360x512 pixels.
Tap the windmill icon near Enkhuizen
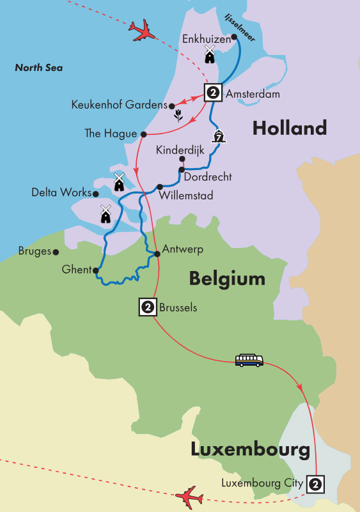(209, 54)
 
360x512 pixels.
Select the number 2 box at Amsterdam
(213, 93)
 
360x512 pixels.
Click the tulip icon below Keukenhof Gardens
(179, 116)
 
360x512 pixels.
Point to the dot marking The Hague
(144, 134)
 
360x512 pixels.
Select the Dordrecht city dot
(182, 170)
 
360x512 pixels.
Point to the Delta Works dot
(96, 194)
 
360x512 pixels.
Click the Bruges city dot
(56, 252)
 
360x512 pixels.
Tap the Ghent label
(77, 270)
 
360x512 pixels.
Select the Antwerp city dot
(157, 254)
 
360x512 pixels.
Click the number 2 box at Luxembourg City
(314, 484)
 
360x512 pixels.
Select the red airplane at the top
(143, 30)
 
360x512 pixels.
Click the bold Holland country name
(289, 128)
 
